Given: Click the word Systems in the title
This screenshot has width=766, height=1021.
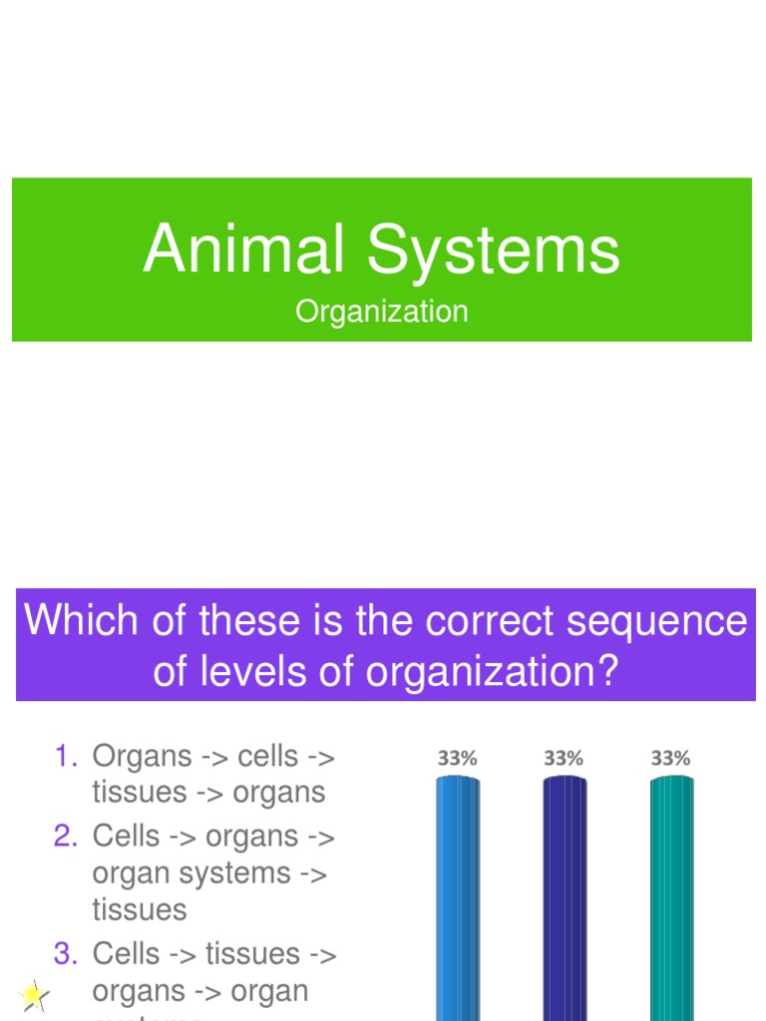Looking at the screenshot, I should coord(495,251).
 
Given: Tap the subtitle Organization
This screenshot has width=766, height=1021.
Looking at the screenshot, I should coord(381,312).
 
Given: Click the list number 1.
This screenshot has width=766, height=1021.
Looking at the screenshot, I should coord(66,757).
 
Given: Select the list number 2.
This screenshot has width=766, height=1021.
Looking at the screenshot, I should coord(66,837).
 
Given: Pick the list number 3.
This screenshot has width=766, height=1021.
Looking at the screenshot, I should coord(66,954).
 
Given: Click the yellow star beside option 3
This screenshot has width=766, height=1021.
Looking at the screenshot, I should coord(33,994).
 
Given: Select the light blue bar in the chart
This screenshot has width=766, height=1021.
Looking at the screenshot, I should coord(458,897).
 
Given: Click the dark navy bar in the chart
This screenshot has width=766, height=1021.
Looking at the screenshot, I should coord(565,897).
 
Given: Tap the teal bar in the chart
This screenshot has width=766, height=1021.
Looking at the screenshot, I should coord(671,897).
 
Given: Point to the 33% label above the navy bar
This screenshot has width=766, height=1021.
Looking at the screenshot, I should coord(564,759).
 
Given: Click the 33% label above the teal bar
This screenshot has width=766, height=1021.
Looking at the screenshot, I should coord(670,759).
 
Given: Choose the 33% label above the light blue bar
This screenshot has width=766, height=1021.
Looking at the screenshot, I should coord(457,759).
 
